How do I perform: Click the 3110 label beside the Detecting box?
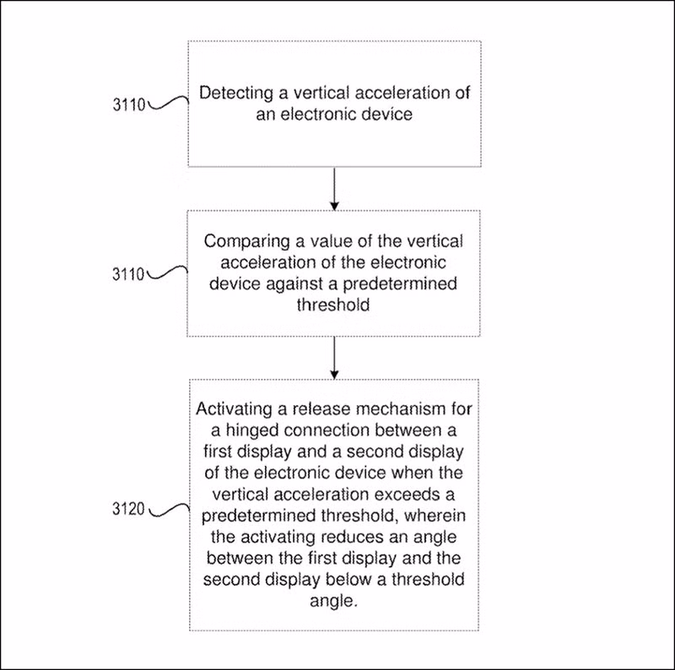[x=129, y=105]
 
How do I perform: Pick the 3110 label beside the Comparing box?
[x=128, y=274]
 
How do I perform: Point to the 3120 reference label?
[x=128, y=509]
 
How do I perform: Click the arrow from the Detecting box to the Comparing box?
[x=334, y=189]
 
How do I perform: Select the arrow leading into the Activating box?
[x=334, y=358]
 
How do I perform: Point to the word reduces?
[x=354, y=537]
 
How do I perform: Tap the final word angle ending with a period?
[x=333, y=602]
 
